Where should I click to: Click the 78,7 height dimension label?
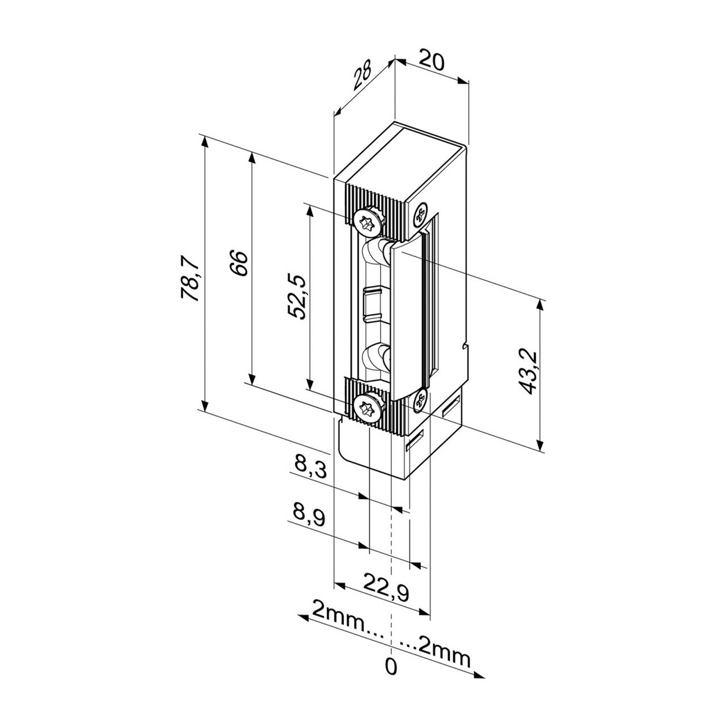(x=190, y=278)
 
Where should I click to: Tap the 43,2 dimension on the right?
(x=528, y=371)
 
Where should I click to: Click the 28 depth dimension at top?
(x=362, y=77)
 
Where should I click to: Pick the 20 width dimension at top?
(x=432, y=60)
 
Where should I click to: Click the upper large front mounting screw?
(x=366, y=221)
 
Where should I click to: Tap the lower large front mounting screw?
(x=366, y=408)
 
